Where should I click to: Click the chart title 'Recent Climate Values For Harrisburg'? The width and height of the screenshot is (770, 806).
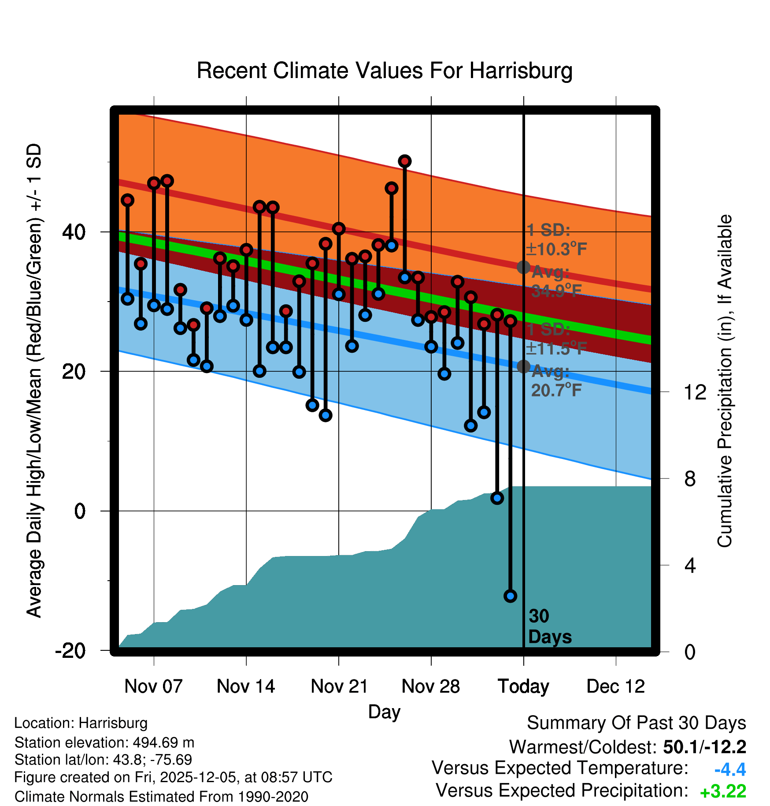pos(385,71)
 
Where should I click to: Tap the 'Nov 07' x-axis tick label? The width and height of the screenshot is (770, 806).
pos(153,687)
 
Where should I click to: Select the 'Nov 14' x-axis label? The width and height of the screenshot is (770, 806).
pos(246,687)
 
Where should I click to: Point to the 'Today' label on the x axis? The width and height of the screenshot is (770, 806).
pos(523,687)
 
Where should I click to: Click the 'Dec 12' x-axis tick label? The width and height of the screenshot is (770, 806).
pos(615,687)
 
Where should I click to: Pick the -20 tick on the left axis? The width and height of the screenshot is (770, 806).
pos(71,651)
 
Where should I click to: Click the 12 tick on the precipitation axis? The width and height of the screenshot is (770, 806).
pos(695,392)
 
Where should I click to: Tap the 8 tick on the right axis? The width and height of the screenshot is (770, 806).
pos(690,478)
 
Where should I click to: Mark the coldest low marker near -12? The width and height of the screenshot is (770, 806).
pos(510,596)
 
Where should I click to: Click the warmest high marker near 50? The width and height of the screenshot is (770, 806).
pos(404,161)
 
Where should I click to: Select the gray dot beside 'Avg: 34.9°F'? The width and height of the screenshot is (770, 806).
pos(523,267)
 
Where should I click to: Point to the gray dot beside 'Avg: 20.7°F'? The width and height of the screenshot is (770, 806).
pos(523,366)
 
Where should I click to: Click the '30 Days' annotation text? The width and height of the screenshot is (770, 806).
pos(549,627)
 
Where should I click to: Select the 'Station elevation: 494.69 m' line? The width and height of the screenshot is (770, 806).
pos(104,743)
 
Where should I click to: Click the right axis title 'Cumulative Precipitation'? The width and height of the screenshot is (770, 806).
pos(725,381)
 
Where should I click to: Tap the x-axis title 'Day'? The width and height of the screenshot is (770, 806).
pos(384,712)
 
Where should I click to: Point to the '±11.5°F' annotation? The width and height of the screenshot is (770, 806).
pos(556,348)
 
